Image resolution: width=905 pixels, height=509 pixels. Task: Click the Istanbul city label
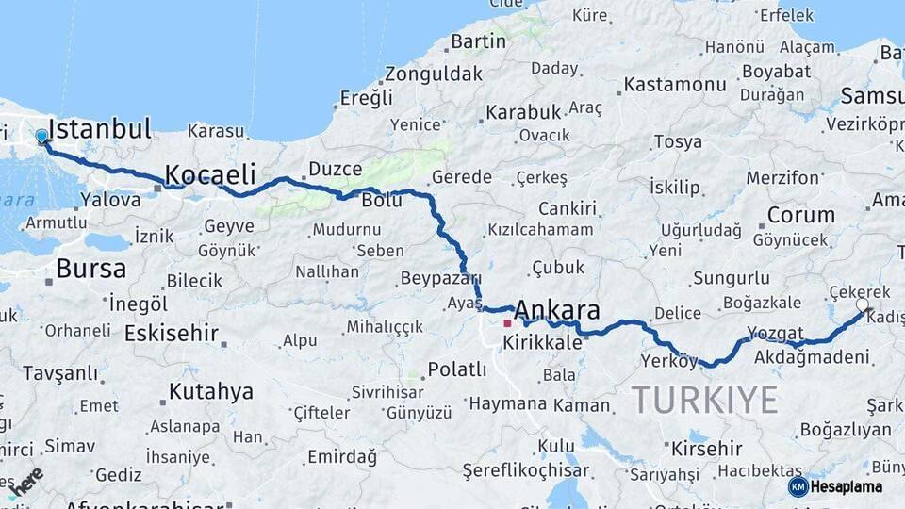pyautogui.click(x=99, y=129)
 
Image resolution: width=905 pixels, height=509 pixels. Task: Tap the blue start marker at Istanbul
pyautogui.click(x=41, y=138)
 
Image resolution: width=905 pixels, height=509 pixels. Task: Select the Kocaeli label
pyautogui.click(x=210, y=174)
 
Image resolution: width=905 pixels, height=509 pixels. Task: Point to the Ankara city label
pyautogui.click(x=557, y=310)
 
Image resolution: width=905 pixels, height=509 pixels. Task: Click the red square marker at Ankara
pyautogui.click(x=507, y=322)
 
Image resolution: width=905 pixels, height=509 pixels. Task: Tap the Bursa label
pyautogui.click(x=90, y=269)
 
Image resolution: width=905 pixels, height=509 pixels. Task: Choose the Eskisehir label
pyautogui.click(x=171, y=334)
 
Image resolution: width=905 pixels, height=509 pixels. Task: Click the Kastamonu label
pyautogui.click(x=675, y=85)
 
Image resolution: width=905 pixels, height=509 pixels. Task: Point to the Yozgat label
pyautogui.click(x=775, y=334)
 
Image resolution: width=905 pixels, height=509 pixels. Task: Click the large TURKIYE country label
pyautogui.click(x=705, y=400)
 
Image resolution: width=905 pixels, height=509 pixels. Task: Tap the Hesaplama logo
pyautogui.click(x=835, y=486)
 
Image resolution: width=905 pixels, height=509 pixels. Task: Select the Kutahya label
pyautogui.click(x=211, y=391)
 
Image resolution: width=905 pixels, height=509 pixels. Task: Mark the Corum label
pyautogui.click(x=800, y=215)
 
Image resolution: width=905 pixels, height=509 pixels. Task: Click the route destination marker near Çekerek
pyautogui.click(x=863, y=305)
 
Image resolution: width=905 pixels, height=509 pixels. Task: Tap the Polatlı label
pyautogui.click(x=457, y=369)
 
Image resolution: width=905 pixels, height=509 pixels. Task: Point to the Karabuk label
pyautogui.click(x=523, y=112)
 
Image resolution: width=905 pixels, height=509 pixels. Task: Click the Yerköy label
pyautogui.click(x=669, y=361)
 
